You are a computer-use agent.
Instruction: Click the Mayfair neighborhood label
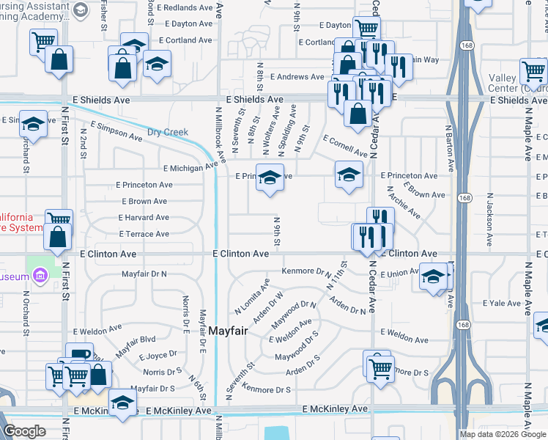(x=228, y=331)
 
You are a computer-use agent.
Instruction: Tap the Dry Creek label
(x=168, y=133)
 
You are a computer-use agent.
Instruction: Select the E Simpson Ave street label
(x=115, y=131)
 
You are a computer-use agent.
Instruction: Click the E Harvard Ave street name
(x=144, y=218)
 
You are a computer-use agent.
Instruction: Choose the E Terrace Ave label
(x=144, y=234)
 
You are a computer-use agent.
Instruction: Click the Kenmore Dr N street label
(x=306, y=271)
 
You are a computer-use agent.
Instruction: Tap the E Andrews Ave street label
(x=296, y=76)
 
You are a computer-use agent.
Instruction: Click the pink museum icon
(x=40, y=276)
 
